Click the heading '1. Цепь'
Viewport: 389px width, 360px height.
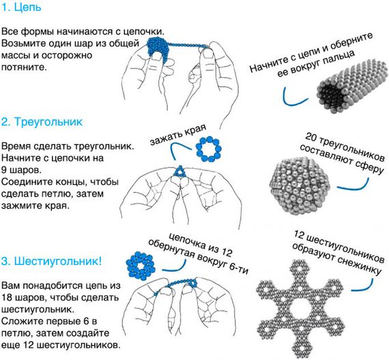click(x=21, y=7)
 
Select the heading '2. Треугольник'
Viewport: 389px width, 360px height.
click(x=42, y=122)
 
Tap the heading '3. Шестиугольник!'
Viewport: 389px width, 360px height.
click(x=51, y=261)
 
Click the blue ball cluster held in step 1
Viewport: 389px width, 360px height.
click(x=158, y=47)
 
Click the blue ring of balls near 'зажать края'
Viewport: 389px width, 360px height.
click(x=208, y=149)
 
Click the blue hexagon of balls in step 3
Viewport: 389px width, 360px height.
click(x=141, y=266)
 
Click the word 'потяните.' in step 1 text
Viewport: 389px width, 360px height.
click(x=24, y=67)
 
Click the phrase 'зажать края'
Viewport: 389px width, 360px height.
click(x=178, y=135)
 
